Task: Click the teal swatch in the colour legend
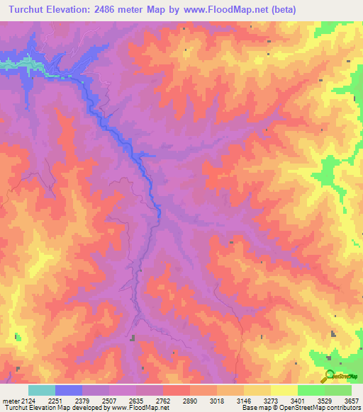pos(41,390)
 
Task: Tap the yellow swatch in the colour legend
pos(284,390)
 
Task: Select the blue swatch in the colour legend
pos(69,390)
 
